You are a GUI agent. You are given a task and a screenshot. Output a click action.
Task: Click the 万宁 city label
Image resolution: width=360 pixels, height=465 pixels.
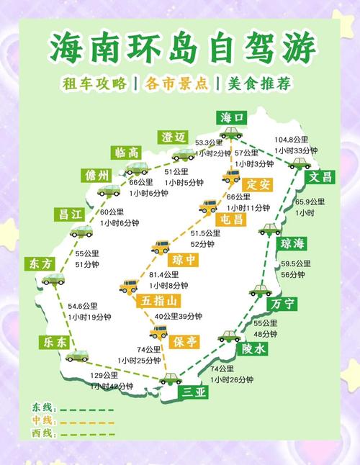point(284,304)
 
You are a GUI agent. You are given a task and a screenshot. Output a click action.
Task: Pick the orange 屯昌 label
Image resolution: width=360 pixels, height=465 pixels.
point(232,218)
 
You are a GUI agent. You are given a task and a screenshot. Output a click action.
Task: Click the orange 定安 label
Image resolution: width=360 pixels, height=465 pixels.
point(256,185)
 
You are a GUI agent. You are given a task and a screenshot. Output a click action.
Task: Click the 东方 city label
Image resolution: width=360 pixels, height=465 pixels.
point(39,263)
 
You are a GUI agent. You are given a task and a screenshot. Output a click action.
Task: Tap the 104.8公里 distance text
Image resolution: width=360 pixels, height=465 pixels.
point(291,139)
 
